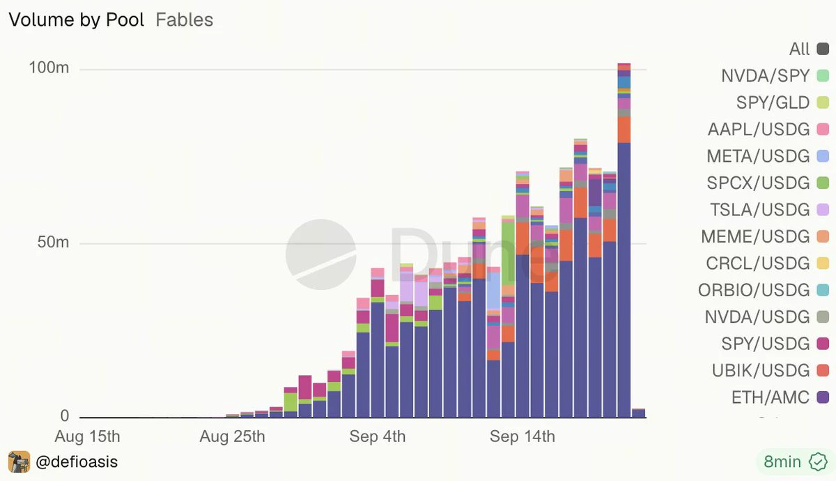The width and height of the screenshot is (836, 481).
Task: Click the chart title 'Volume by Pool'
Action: coord(77,20)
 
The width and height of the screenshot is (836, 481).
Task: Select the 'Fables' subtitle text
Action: coord(185,20)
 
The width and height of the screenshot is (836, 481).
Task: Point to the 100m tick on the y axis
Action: coord(49,68)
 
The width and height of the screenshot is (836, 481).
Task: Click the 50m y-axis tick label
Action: coord(53,242)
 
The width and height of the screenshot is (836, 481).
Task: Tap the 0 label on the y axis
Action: coord(65,415)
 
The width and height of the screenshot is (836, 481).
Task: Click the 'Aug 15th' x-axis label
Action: coord(87,436)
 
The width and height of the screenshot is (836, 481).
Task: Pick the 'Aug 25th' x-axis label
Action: coord(232,436)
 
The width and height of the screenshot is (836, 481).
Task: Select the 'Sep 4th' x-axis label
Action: coord(378,436)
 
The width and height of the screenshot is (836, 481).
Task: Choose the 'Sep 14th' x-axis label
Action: coord(522,436)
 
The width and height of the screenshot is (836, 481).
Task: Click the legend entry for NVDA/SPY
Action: coord(775,76)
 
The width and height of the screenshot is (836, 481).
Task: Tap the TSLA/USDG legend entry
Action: coord(769,210)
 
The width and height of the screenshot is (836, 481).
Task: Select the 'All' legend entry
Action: coord(809,49)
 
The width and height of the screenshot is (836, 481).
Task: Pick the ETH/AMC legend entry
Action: coord(780,397)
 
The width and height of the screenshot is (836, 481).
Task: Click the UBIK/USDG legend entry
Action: coord(771,370)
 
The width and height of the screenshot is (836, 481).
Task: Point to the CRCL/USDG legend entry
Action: coord(767,264)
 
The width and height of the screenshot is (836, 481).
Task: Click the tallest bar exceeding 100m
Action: coord(624,240)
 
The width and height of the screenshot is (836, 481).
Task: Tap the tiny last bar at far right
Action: coord(639,413)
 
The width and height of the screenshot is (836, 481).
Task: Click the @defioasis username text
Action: coord(77,462)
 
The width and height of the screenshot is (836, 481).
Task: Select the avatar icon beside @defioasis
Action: coord(19,462)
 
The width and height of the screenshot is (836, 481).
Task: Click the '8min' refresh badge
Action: coord(795,462)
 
